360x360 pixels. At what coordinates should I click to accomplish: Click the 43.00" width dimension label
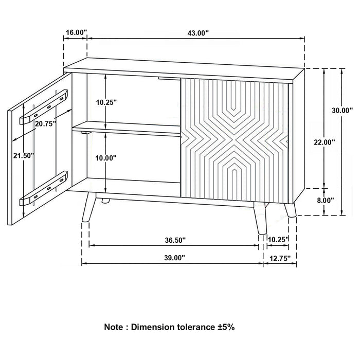[x=197, y=32]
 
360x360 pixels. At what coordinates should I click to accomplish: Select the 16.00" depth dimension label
[x=75, y=32]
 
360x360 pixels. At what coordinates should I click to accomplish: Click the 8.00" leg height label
[x=326, y=200]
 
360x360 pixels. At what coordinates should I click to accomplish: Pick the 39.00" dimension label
[x=172, y=258]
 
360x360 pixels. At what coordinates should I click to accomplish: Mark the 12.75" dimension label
[x=279, y=258]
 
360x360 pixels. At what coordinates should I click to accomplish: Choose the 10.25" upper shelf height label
[x=106, y=102]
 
